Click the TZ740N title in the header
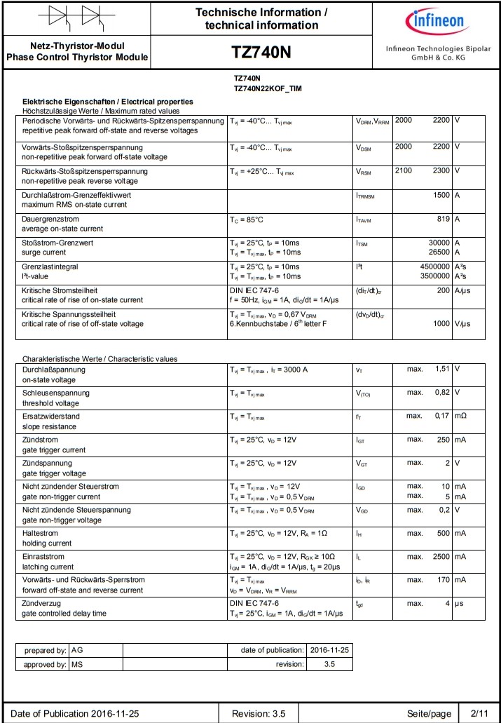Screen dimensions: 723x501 point(261,53)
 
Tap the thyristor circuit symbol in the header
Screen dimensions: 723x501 point(76,17)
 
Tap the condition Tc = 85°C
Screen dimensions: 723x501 point(247,219)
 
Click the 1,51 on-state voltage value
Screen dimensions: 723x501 point(442,369)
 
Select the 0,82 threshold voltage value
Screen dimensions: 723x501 point(442,393)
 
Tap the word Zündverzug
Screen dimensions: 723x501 point(41,603)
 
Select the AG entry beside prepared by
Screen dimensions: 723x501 point(77,650)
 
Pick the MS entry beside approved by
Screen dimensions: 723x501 point(77,664)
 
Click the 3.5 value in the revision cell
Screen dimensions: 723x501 point(329,664)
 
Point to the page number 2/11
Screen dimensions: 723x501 point(479,713)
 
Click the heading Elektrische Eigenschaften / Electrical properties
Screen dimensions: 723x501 point(108,102)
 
